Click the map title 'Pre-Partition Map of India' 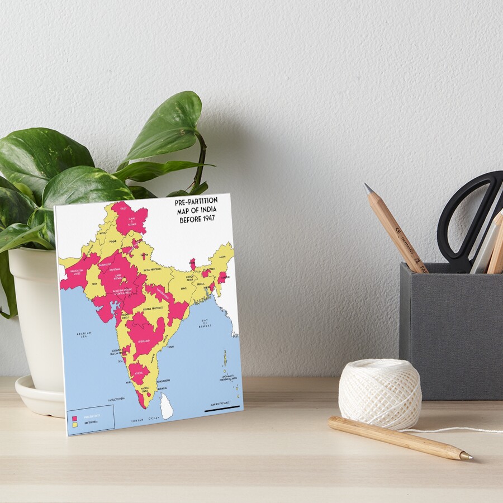(x=196, y=210)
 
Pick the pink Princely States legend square (x=74, y=417)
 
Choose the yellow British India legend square (x=74, y=425)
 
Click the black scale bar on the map (x=222, y=410)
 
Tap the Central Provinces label (x=152, y=309)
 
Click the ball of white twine (x=379, y=393)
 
